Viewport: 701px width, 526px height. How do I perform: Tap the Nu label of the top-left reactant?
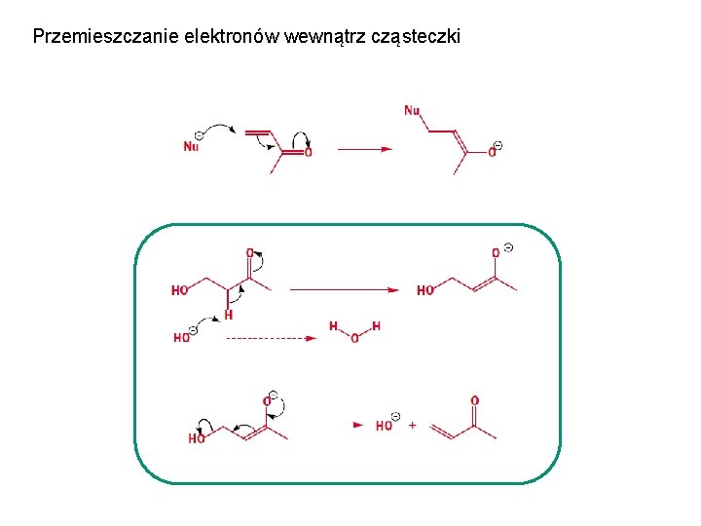coord(191,147)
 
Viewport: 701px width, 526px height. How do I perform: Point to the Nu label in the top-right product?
coord(412,110)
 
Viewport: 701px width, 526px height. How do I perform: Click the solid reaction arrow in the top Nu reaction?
coord(365,149)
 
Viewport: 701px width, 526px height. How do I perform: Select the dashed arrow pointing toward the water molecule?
coord(272,338)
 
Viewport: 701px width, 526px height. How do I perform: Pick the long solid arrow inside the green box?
coord(345,289)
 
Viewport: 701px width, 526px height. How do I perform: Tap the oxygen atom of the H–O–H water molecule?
coord(354,339)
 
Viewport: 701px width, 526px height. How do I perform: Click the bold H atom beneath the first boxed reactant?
coord(229,315)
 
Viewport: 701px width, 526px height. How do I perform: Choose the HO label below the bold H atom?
coord(181,338)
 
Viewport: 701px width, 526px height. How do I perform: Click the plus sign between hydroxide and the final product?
coord(413,426)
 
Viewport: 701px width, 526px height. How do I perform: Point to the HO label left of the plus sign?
coord(385,426)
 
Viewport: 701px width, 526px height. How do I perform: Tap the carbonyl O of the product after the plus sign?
coord(474,400)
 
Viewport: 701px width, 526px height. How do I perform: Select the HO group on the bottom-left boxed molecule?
coord(197,439)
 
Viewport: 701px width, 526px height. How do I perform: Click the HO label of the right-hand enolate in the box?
coord(425,290)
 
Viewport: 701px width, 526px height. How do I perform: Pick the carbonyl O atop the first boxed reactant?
coord(249,252)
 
